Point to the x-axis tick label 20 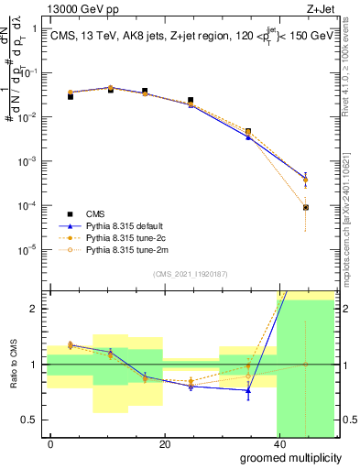[x=164, y=444]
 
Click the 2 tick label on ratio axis [x=35, y=309]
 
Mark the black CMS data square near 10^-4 [x=305, y=208]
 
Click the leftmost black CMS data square [x=71, y=96]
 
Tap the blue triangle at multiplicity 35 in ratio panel [x=248, y=390]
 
